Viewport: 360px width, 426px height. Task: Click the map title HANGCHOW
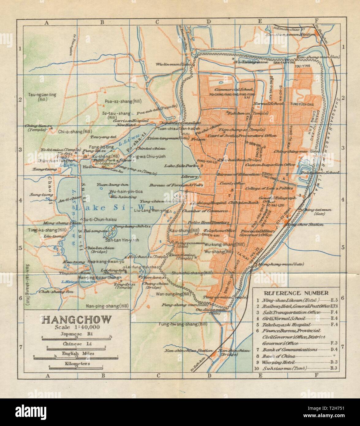click(76, 320)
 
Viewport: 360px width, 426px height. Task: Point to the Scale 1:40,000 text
click(76, 328)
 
